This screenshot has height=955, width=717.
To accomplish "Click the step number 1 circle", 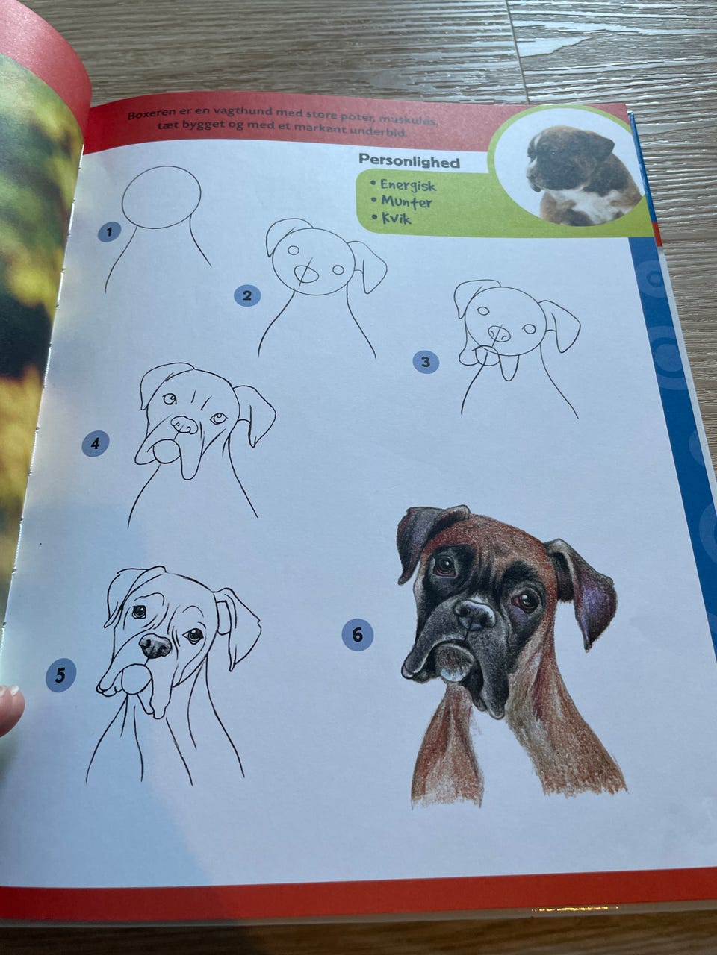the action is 109,232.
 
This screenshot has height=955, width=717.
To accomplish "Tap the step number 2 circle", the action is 246,296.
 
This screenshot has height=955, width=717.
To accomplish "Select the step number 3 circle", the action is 425,363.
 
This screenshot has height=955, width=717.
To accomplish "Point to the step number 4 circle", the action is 96,443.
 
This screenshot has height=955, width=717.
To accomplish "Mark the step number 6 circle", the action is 358,635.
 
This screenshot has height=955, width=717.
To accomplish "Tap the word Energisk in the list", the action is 408,185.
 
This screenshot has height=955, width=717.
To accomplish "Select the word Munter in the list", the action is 406,201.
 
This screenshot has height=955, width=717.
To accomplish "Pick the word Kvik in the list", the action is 397,218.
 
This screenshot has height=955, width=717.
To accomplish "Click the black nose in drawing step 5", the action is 155,645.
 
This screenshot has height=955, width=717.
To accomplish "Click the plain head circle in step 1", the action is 161,197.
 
